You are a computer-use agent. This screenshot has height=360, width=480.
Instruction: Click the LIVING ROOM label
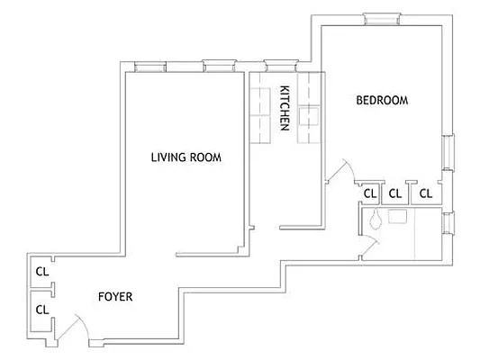click(186, 157)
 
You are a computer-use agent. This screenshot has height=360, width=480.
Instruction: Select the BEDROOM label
click(382, 101)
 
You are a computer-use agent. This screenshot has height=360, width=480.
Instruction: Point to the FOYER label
click(115, 294)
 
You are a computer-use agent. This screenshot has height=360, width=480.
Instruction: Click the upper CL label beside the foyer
click(41, 271)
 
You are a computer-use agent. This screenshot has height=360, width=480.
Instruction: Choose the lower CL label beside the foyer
click(41, 309)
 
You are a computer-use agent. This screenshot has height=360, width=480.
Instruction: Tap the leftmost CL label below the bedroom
click(369, 193)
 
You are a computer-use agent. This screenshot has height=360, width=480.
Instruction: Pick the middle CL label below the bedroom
click(394, 193)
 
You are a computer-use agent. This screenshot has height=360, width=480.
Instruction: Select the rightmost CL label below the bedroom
click(426, 193)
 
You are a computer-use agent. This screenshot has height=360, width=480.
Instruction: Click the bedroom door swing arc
click(340, 169)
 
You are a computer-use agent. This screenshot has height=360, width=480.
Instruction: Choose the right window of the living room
click(218, 65)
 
